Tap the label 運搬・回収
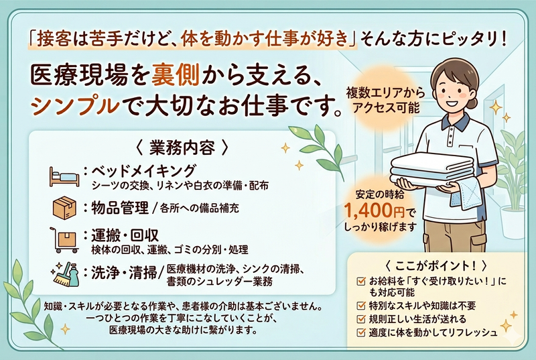[x=121, y=235]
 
